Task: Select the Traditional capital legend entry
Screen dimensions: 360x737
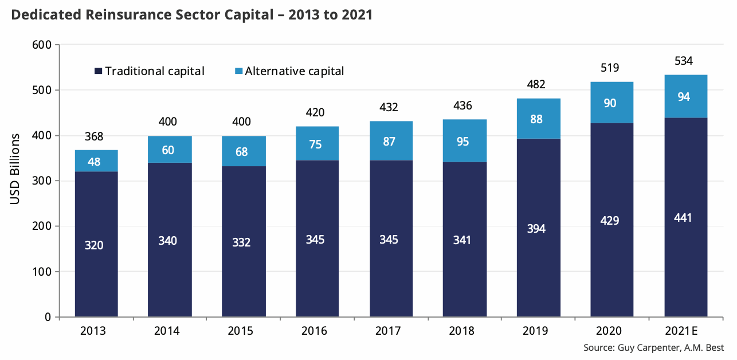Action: click(150, 71)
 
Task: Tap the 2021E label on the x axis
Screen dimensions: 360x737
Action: click(685, 331)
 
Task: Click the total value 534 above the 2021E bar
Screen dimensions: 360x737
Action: click(685, 61)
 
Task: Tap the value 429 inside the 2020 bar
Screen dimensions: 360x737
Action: click(610, 221)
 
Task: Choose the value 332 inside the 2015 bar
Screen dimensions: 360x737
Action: click(242, 242)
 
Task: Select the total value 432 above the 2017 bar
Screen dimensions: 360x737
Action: click(389, 108)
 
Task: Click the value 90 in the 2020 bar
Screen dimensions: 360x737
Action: click(610, 103)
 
